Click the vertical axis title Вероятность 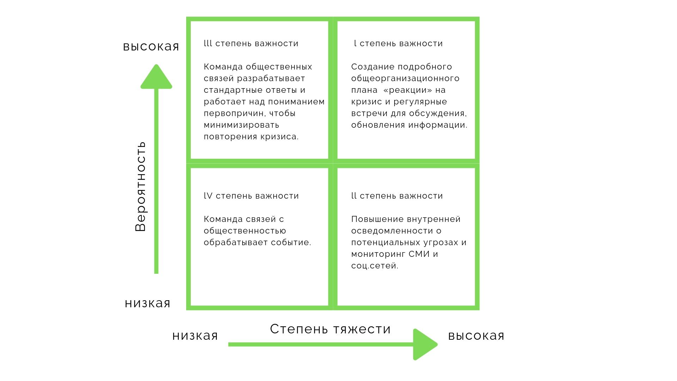[140, 186]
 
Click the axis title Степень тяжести [330, 329]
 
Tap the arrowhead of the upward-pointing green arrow [156, 76]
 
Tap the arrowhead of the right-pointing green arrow [425, 344]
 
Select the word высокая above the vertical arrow [151, 46]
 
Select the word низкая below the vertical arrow [147, 303]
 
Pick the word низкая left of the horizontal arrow [195, 335]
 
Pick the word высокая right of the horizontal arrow [476, 335]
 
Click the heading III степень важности [251, 43]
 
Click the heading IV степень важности [251, 196]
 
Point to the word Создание [373, 67]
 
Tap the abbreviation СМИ [419, 254]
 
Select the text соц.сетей [375, 266]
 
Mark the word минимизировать [242, 125]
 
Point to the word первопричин [234, 114]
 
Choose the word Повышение [375, 219]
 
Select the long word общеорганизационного [405, 78]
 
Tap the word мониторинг [378, 254]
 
